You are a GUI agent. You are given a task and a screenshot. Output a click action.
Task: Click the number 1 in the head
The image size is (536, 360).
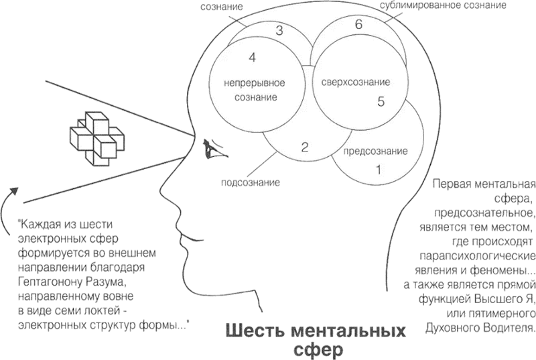click(x=379, y=170)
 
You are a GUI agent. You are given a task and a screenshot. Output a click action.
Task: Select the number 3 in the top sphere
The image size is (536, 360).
click(x=279, y=30)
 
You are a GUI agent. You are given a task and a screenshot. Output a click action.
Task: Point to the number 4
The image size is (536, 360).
click(x=252, y=58)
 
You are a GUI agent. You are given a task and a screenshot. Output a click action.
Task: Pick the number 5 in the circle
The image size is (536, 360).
click(x=381, y=102)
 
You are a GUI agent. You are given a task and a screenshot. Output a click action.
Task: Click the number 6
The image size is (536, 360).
click(x=359, y=25)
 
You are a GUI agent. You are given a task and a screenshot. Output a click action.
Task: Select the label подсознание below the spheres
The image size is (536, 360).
click(x=250, y=182)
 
